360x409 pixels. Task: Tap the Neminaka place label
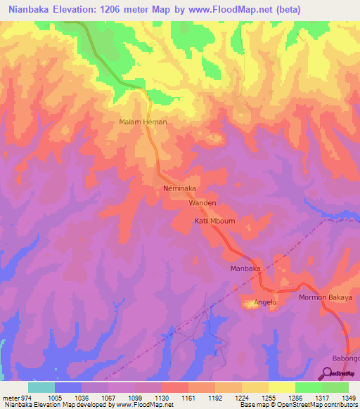tap(179, 189)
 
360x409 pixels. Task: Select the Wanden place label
tap(202, 202)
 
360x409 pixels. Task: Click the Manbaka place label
tap(246, 269)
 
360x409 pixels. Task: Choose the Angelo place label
tap(266, 303)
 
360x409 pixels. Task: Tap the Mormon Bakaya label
tap(325, 298)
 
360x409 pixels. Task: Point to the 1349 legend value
tap(349, 397)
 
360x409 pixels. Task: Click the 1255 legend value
tap(269, 397)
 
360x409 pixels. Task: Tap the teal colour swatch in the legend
tap(41, 387)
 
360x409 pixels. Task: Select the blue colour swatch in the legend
tap(67, 387)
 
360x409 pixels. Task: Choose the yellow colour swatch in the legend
tap(281, 387)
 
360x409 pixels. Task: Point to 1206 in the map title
tap(127, 10)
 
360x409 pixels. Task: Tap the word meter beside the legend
tap(11, 397)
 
